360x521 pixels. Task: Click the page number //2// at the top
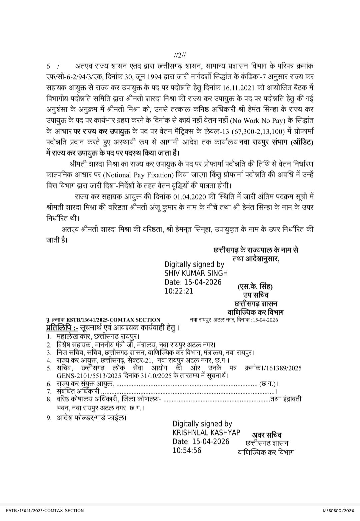click(180, 55)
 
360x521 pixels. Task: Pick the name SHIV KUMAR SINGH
click(196, 273)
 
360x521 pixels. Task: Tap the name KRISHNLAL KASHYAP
click(206, 433)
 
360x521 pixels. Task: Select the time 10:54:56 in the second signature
click(187, 450)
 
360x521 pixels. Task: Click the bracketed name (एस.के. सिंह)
click(255, 287)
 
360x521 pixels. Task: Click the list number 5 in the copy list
click(49, 368)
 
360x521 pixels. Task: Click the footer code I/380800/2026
click(338, 510)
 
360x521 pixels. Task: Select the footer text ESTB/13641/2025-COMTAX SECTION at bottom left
click(45, 510)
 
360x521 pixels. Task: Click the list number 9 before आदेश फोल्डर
click(49, 417)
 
